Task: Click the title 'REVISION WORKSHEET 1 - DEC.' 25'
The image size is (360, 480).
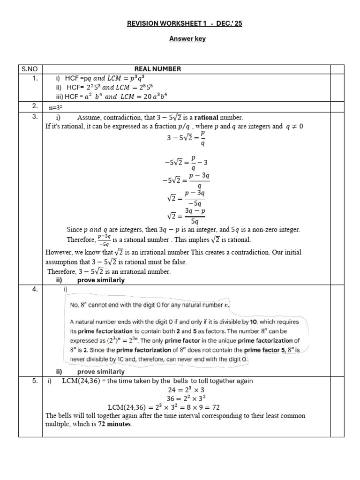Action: tap(187, 24)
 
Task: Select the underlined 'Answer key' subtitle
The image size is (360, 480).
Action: tap(187, 39)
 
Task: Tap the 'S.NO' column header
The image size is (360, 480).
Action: tap(30, 69)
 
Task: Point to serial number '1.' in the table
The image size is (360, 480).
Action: tap(35, 78)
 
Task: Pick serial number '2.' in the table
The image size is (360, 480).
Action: tap(35, 106)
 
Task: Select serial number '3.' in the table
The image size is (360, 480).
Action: tap(35, 117)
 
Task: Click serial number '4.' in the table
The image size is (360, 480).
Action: tap(35, 289)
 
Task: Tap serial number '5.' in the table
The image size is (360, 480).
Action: tap(35, 381)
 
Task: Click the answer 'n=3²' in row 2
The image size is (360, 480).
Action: tap(56, 107)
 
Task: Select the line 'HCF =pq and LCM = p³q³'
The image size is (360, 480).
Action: tap(108, 78)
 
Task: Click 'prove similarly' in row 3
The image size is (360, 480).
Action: tap(101, 280)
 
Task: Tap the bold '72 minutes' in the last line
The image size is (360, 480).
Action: tap(115, 424)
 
